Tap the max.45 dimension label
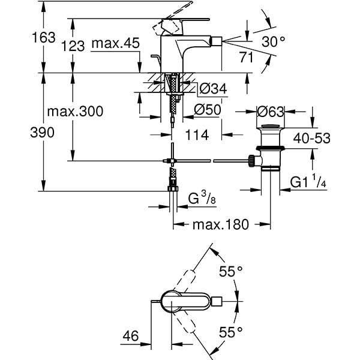coord(116,43)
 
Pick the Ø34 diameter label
coord(212,89)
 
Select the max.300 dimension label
coord(74,112)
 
